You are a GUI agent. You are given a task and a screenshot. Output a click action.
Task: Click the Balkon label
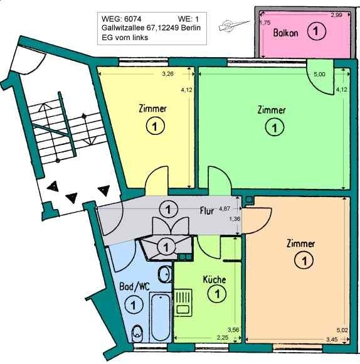pos(285,33)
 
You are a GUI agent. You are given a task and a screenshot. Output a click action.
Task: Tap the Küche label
pos(214,279)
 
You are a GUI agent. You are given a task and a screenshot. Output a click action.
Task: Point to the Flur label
pos(207,211)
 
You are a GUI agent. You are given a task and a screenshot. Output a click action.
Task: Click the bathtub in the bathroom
pos(161,317)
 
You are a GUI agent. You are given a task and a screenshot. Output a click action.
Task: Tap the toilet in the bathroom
pos(137,333)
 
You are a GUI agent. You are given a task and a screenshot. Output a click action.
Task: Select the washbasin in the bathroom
pos(165,274)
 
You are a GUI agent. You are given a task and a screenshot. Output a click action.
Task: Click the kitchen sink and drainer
pos(183,302)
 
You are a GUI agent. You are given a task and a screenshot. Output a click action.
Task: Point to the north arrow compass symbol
pos(234,25)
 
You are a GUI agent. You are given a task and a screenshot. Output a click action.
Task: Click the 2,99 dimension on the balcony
pos(336,15)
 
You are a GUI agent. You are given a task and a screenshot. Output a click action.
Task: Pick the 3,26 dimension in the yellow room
pos(167,74)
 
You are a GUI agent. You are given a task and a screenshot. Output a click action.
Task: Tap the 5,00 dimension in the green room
pos(319,74)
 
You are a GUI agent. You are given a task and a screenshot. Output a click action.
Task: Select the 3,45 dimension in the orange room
pos(332,340)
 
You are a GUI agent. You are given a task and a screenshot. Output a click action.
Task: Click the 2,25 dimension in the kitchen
pos(223,338)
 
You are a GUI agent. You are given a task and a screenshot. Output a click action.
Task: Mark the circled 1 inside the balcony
pos(317,31)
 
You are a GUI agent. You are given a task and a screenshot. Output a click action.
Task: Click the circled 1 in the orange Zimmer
pos(304,261)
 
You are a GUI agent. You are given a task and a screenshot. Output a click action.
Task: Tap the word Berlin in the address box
pos(191,28)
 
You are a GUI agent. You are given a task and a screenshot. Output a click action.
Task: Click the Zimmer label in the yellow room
pos(152,109)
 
